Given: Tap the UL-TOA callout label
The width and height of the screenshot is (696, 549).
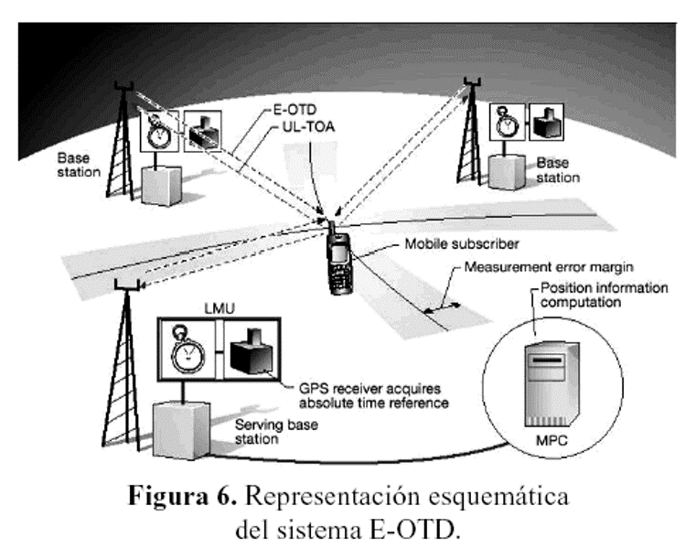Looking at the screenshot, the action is (308, 127).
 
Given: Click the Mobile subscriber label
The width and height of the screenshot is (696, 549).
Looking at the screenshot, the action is (462, 244).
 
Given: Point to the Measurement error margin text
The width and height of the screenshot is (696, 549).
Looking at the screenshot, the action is (549, 267).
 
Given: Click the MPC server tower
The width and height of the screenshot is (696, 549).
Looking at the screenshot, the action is (551, 384).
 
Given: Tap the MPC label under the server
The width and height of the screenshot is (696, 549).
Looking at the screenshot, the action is (551, 440).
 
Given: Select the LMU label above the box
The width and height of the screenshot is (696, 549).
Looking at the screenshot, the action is (220, 308).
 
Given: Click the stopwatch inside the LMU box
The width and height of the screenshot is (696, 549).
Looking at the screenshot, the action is (187, 350).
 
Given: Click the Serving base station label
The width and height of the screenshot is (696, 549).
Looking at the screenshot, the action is (276, 432).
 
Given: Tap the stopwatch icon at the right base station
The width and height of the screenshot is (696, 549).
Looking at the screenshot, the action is (507, 122).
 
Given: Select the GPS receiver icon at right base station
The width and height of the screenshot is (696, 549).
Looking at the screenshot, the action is (547, 122).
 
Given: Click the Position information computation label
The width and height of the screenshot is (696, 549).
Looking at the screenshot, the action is (604, 295).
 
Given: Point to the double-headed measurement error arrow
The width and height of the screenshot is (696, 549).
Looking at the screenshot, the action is (442, 307).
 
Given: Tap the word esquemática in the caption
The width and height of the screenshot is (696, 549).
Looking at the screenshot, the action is (498, 496).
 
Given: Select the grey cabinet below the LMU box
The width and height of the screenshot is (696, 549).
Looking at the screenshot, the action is (182, 429).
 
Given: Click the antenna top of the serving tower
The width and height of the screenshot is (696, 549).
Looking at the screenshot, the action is (127, 285).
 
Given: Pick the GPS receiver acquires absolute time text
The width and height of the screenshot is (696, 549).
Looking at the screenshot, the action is (374, 396).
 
